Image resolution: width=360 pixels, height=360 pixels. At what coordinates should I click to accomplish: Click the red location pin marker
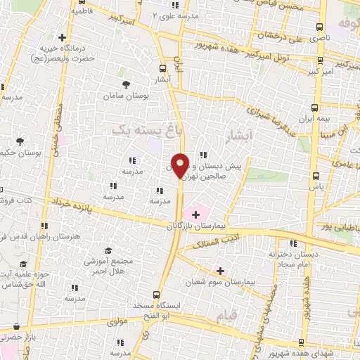(181, 166)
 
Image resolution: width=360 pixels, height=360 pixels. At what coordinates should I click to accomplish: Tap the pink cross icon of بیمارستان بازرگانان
(195, 212)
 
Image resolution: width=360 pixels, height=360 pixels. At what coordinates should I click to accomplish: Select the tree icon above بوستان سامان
(126, 84)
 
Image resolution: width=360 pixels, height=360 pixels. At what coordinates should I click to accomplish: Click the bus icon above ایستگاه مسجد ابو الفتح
(158, 295)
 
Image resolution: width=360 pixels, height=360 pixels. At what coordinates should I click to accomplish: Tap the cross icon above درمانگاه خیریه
(63, 37)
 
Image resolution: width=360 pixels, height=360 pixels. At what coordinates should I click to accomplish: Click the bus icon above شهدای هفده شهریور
(302, 342)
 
